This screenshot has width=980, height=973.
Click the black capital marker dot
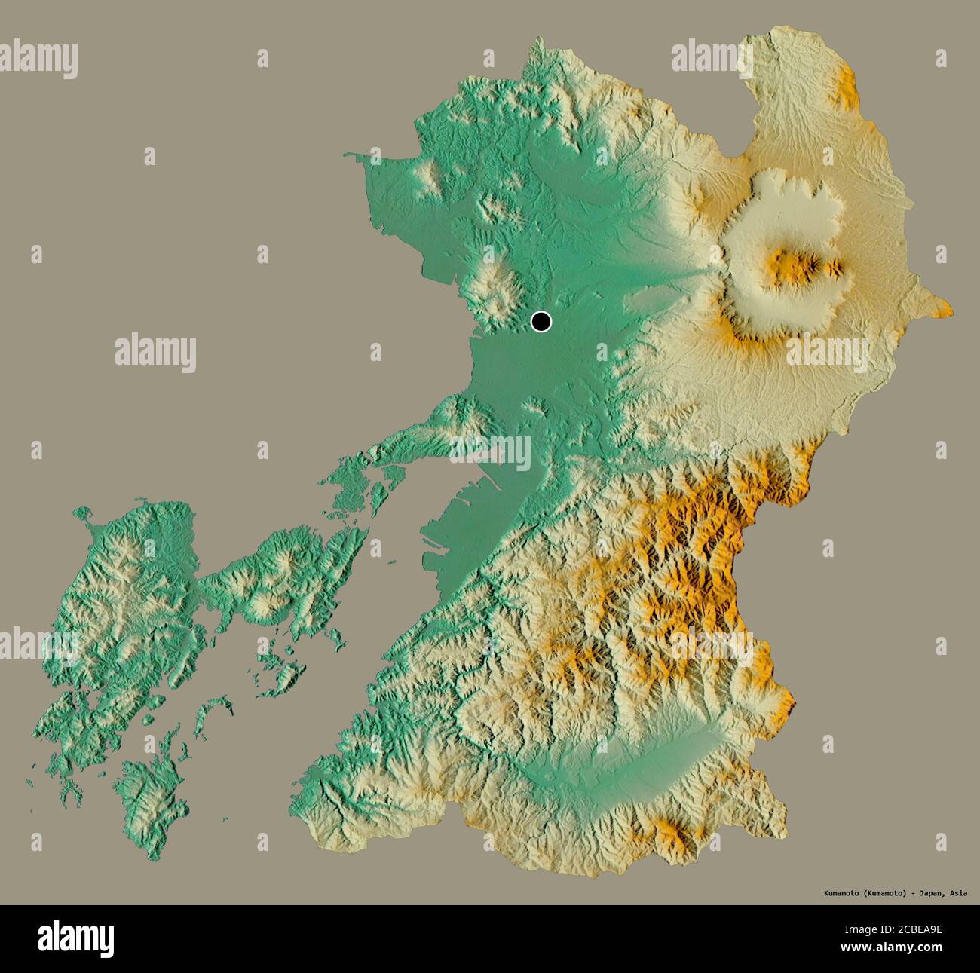click(541, 322)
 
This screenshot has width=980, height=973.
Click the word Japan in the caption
click(928, 893)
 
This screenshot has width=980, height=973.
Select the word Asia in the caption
click(958, 893)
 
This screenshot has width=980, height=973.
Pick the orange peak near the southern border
click(670, 833)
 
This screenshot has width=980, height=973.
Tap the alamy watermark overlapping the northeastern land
click(712, 57)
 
